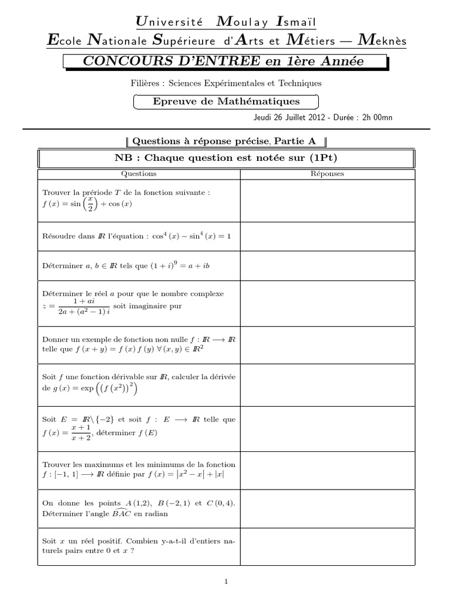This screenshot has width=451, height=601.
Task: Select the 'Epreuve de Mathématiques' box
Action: click(x=226, y=102)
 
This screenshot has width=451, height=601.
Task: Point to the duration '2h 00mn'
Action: click(x=376, y=117)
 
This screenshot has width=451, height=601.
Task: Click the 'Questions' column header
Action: click(x=139, y=174)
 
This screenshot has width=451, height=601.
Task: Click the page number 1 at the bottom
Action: click(x=225, y=582)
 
